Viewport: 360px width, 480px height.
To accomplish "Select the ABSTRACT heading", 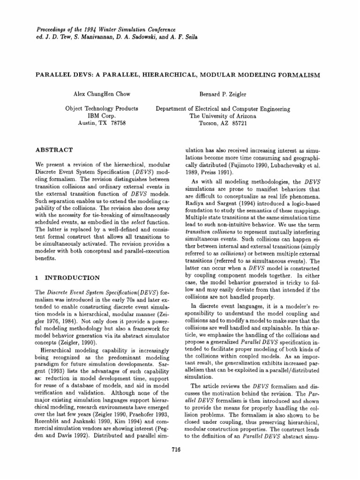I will click(54, 150).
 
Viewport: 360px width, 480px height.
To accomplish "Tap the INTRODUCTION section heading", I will click(67, 277).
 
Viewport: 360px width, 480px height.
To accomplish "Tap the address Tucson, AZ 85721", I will click(223, 124).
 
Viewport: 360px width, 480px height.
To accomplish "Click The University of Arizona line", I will click(223, 116).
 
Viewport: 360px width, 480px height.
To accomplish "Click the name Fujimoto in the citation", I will click(247, 166).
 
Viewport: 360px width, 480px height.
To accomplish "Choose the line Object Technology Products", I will click(102, 109).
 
